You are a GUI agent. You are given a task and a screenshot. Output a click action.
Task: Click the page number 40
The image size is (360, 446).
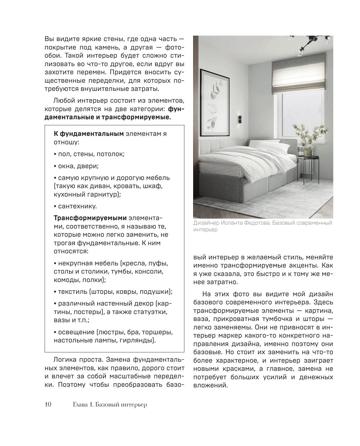(49, 404)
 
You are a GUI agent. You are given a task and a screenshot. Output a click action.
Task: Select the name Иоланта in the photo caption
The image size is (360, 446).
(234, 223)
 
